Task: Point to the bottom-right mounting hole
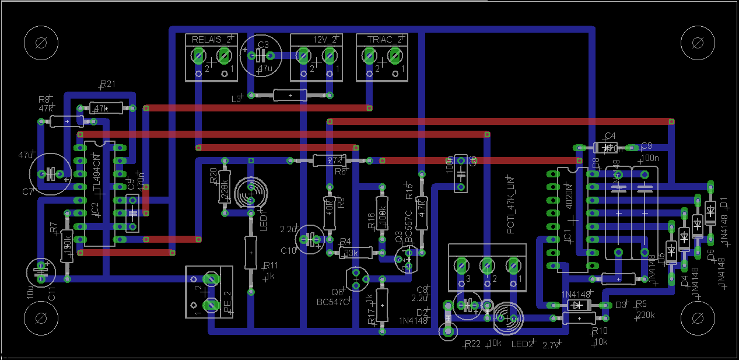(x=698, y=318)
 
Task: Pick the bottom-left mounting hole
(x=41, y=318)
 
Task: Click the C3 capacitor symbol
(x=261, y=55)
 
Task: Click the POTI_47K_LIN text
(x=511, y=205)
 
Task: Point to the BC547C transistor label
(x=332, y=302)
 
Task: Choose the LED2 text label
(x=523, y=344)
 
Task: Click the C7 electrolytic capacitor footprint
(x=50, y=173)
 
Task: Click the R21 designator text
(x=108, y=84)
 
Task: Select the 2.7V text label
(x=551, y=345)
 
